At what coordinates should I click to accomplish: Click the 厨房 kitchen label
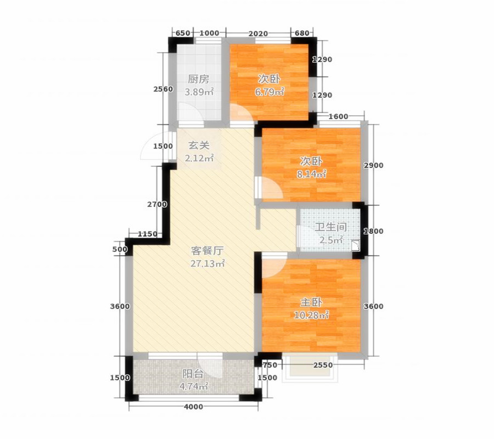pos(199,79)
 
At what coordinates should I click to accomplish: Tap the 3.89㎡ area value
pos(199,92)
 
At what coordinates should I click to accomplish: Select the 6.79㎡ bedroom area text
pos(270,92)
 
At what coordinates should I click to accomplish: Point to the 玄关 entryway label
pos(199,145)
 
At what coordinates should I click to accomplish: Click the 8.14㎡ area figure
pos(311,173)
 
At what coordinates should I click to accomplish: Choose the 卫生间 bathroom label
pos(331,227)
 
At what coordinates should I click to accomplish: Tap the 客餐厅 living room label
pos(207,251)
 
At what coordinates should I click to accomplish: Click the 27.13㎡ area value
pos(207,264)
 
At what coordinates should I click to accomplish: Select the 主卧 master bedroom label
pos(311,302)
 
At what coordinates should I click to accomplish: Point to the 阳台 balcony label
pos(193,374)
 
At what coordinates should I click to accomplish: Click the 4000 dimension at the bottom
pos(193,407)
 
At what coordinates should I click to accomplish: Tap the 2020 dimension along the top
pos(258,33)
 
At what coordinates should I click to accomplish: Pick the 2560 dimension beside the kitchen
pos(163,89)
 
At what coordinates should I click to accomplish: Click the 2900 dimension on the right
pos(374,165)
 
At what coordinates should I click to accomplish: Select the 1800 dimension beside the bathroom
pos(373,231)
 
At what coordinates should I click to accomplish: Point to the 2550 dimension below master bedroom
pos(323,365)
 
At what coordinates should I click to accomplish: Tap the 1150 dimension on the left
pos(148,234)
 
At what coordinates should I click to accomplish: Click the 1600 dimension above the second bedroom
pos(338,116)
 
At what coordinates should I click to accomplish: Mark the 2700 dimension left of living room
pos(157,204)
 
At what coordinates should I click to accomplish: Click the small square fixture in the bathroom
pos(356,246)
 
